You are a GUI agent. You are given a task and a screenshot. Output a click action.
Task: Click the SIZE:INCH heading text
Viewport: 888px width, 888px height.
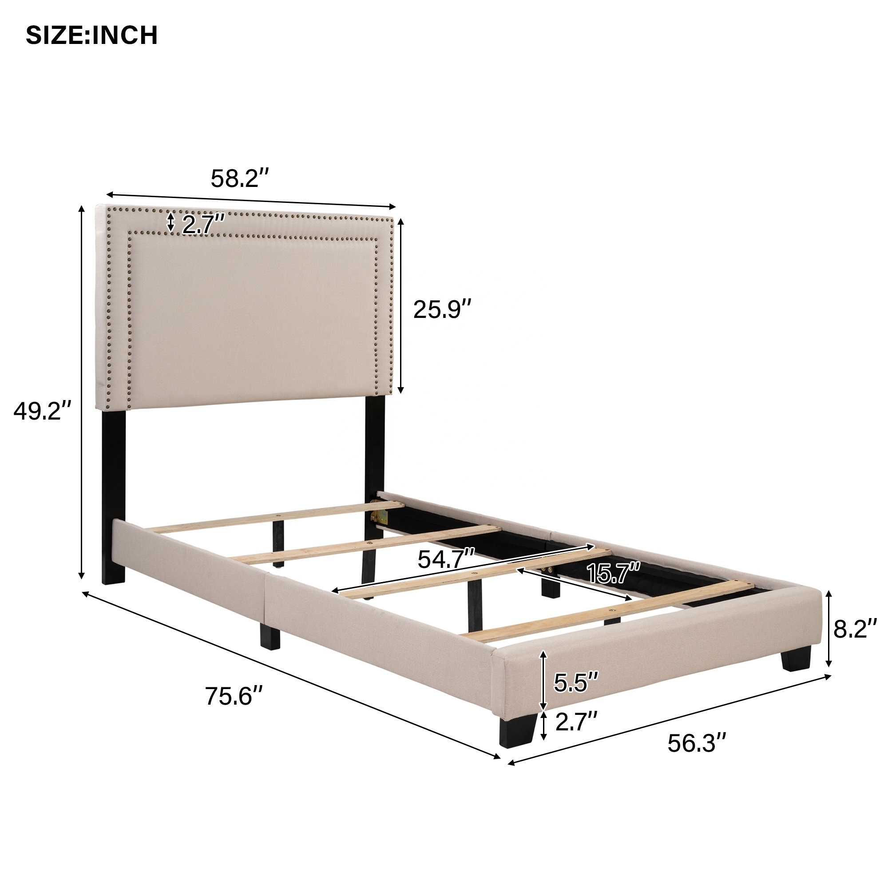(91, 36)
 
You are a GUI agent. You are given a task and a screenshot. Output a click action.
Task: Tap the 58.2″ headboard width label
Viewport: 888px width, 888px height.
(239, 178)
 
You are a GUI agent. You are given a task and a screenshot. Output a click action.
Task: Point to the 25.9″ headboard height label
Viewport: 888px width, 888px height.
(442, 309)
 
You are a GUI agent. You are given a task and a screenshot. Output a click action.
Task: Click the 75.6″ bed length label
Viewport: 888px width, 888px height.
(234, 696)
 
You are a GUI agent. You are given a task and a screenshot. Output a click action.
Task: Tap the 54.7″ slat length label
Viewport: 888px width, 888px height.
(446, 559)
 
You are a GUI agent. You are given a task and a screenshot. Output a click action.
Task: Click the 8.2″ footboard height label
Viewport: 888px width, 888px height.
(855, 628)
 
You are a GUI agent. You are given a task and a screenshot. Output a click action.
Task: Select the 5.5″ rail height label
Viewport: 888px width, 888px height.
(576, 682)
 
